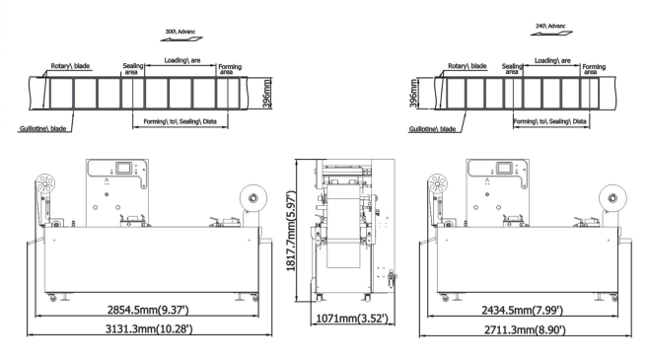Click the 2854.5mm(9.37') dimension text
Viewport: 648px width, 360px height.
tap(148, 310)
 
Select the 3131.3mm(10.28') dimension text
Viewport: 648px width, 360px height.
tap(149, 329)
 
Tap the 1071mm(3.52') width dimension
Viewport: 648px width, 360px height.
tap(352, 319)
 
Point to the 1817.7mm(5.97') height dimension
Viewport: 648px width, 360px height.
tap(291, 231)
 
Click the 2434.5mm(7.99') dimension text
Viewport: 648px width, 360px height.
tap(523, 310)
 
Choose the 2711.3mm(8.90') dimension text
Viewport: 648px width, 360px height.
tap(525, 329)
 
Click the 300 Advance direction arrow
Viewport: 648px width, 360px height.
tap(181, 39)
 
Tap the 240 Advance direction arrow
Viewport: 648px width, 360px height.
tap(551, 34)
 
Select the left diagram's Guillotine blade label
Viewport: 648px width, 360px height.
tap(43, 128)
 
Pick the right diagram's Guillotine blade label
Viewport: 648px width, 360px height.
tap(432, 129)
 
